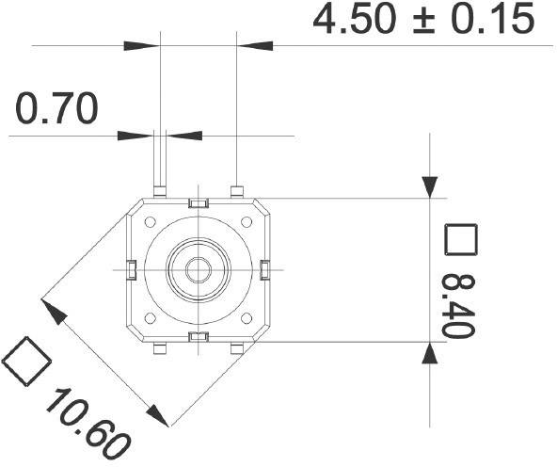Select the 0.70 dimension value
click(56, 110)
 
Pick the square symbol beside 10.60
click(26, 361)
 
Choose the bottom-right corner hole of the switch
click(246, 317)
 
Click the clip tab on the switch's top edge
click(198, 204)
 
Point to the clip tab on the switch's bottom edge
click(198, 336)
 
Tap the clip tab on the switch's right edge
click(264, 270)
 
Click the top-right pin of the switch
click(237, 191)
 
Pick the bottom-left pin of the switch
click(160, 349)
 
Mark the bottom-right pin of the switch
click(237, 349)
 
